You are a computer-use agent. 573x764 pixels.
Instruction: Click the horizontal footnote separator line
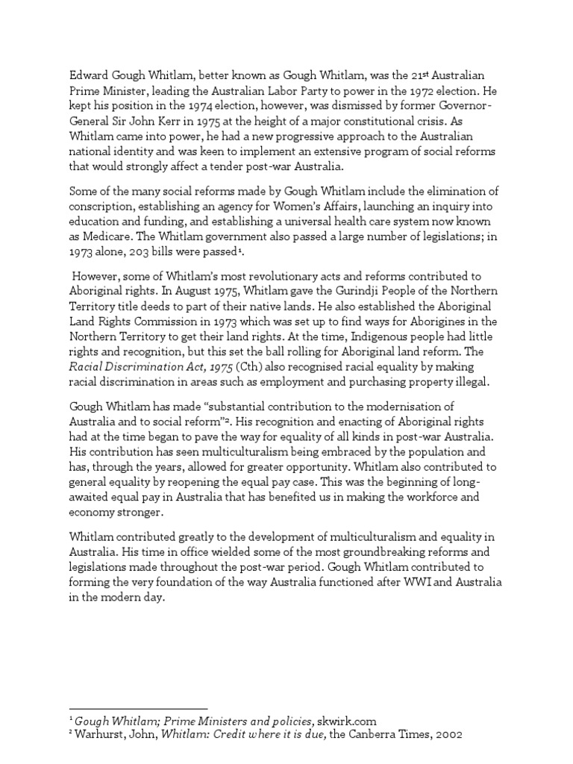coord(138,708)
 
